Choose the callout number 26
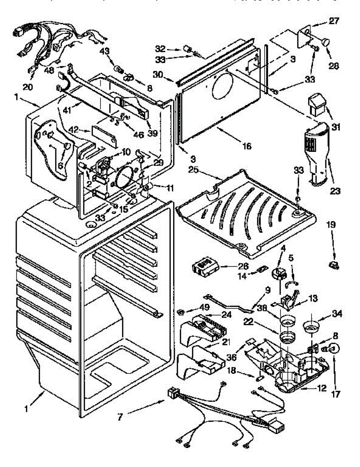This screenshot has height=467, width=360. tap(233, 267)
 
